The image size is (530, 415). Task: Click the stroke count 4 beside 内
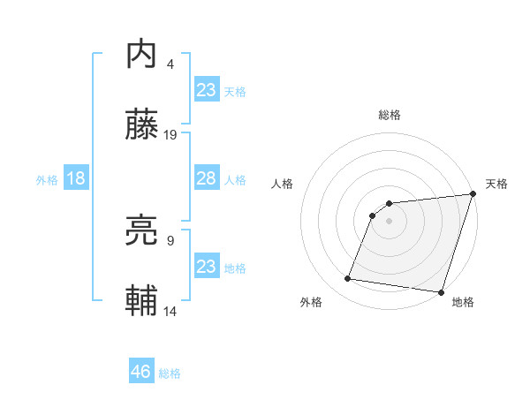[x=170, y=64]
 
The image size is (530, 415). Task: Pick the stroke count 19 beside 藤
[x=171, y=135]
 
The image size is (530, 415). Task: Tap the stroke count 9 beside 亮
[x=170, y=240]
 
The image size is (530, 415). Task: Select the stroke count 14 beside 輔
[x=171, y=311]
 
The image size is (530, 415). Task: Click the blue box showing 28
[x=206, y=178]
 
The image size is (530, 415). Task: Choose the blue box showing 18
[x=76, y=178]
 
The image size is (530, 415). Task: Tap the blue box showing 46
[x=141, y=372]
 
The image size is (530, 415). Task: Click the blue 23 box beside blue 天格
[x=206, y=89]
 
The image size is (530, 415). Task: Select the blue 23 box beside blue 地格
[x=206, y=266]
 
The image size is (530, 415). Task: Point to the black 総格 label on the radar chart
[x=390, y=115]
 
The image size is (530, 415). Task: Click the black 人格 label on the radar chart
[x=283, y=184]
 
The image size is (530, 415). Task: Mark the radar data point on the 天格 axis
[x=473, y=194]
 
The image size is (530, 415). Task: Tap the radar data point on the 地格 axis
[x=440, y=292]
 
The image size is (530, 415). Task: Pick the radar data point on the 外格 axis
[x=348, y=279]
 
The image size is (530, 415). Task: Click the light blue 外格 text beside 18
[x=47, y=180]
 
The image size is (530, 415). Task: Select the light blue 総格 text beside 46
[x=170, y=373]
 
